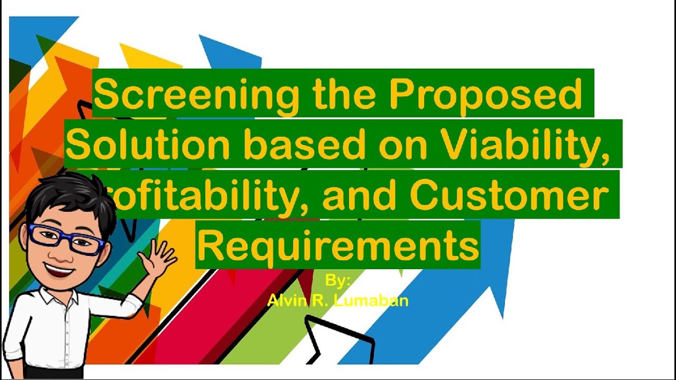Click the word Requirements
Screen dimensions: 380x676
(338, 245)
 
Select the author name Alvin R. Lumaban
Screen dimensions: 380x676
(338, 301)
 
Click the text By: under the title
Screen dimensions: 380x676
(338, 280)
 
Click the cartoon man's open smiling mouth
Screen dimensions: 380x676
(59, 271)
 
